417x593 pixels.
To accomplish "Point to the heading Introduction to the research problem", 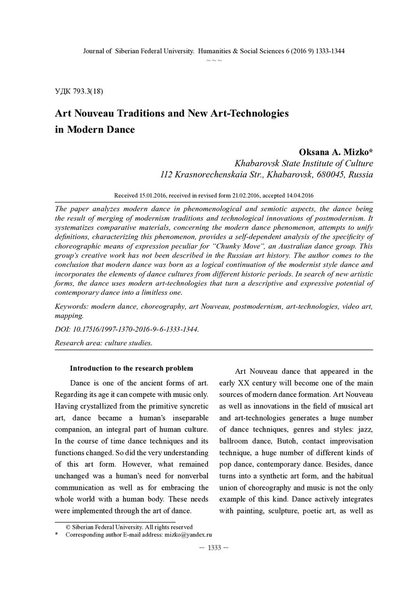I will point(132,368).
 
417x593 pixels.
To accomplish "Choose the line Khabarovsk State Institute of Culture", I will point(303,163).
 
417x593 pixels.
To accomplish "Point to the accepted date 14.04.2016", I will point(298,195).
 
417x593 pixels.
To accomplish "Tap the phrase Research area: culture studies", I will point(104,343).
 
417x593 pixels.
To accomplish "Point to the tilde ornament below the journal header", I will point(214,59).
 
